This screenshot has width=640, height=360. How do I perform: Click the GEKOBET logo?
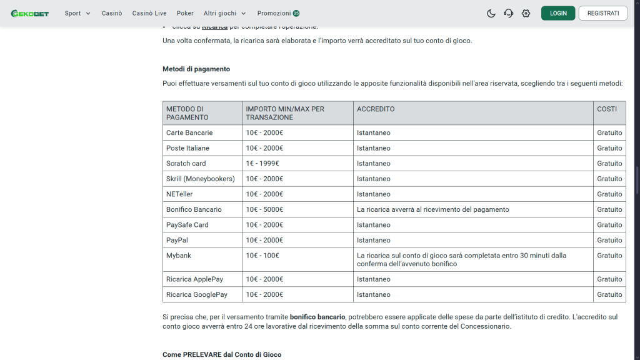point(30,13)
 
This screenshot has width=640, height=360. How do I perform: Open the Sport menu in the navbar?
point(77,13)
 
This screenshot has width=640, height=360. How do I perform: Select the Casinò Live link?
point(149,13)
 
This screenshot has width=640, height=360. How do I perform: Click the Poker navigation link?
point(185,13)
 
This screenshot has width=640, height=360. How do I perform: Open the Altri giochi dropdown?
point(224,13)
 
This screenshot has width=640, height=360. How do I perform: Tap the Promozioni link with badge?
point(278,13)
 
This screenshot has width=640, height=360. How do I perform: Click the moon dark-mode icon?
point(491,13)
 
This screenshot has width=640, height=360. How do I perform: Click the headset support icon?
point(509,13)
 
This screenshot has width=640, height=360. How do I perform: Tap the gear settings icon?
point(526,13)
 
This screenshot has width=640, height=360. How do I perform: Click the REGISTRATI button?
point(602,13)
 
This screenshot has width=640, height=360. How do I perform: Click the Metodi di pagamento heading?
point(196,69)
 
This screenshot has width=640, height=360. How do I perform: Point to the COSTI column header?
point(607,109)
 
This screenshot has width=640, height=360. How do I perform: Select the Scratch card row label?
point(186,163)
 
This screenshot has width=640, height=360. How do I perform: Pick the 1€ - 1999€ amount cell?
point(262,163)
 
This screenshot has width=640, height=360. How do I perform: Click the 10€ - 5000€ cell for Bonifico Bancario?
point(264,209)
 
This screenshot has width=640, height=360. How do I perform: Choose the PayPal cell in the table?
point(177,240)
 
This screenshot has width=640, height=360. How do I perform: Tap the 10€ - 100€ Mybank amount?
point(262,256)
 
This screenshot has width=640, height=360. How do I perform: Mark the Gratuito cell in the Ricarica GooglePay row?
point(609,294)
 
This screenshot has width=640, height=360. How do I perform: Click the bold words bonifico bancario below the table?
point(318,317)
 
